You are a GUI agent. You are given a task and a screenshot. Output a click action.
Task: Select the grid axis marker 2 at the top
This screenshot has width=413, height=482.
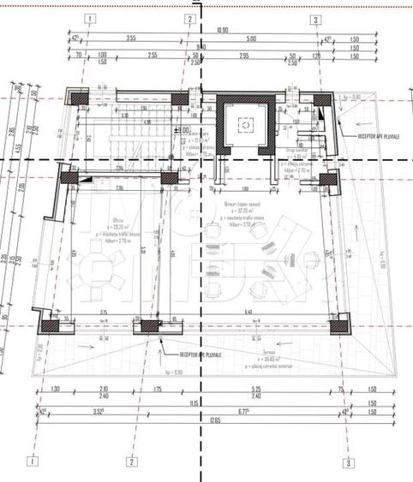coord(189,18)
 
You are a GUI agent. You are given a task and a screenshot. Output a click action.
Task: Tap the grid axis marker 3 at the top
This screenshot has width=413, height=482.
coord(316,18)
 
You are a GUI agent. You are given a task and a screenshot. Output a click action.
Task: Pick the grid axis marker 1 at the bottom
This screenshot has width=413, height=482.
coord(33,461)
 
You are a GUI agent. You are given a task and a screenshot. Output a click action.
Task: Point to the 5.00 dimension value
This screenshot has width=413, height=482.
coord(251,39)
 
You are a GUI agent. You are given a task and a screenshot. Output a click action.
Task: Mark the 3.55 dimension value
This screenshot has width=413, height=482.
coord(131,39)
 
